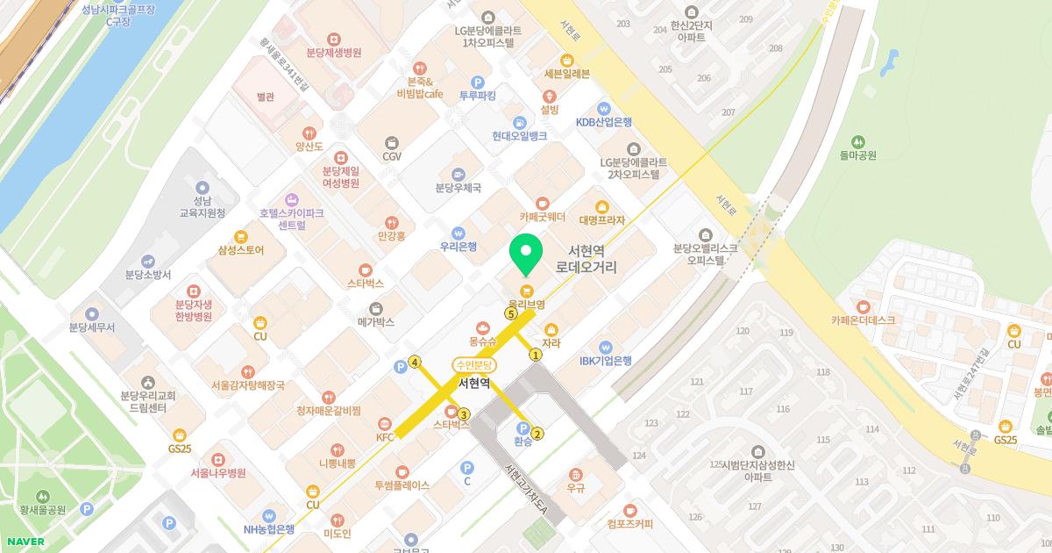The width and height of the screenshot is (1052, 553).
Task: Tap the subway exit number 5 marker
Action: click(x=510, y=313)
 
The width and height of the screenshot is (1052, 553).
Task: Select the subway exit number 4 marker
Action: click(x=415, y=362)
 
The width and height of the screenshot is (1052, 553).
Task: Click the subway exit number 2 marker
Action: click(x=537, y=433)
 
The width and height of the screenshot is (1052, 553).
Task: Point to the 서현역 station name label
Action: click(x=474, y=383)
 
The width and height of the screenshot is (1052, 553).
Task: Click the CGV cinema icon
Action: click(x=391, y=142)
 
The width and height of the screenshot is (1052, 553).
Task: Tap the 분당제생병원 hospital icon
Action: click(x=333, y=39)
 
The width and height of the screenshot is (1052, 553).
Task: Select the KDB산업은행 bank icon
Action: click(x=604, y=109)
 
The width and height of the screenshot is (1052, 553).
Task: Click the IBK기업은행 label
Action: click(x=605, y=361)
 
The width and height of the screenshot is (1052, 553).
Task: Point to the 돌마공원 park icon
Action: click(x=857, y=141)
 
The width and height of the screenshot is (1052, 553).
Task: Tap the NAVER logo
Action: click(x=25, y=542)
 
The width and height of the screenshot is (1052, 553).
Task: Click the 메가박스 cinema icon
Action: click(x=376, y=308)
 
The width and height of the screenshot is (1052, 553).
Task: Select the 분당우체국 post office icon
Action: click(x=458, y=174)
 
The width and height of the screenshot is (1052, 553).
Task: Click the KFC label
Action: click(x=386, y=436)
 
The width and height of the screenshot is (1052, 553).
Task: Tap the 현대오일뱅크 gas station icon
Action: click(x=520, y=123)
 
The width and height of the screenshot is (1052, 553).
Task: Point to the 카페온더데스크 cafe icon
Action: click(x=864, y=306)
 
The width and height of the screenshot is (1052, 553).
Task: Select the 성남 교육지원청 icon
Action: click(x=203, y=188)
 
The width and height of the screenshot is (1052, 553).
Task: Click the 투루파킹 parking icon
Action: click(x=478, y=82)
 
